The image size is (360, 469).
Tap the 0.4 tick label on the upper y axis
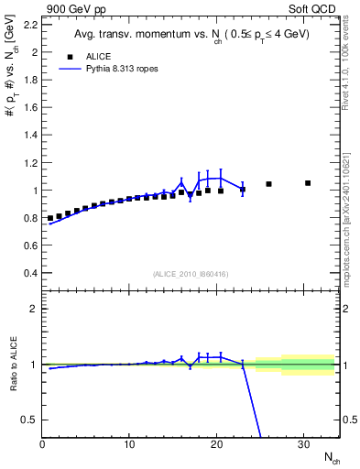click(x=31, y=273)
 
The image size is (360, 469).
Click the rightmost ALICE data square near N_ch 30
click(x=308, y=183)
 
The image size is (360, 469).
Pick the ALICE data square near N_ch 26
click(x=268, y=184)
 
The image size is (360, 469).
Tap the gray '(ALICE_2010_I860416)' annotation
click(x=191, y=274)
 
